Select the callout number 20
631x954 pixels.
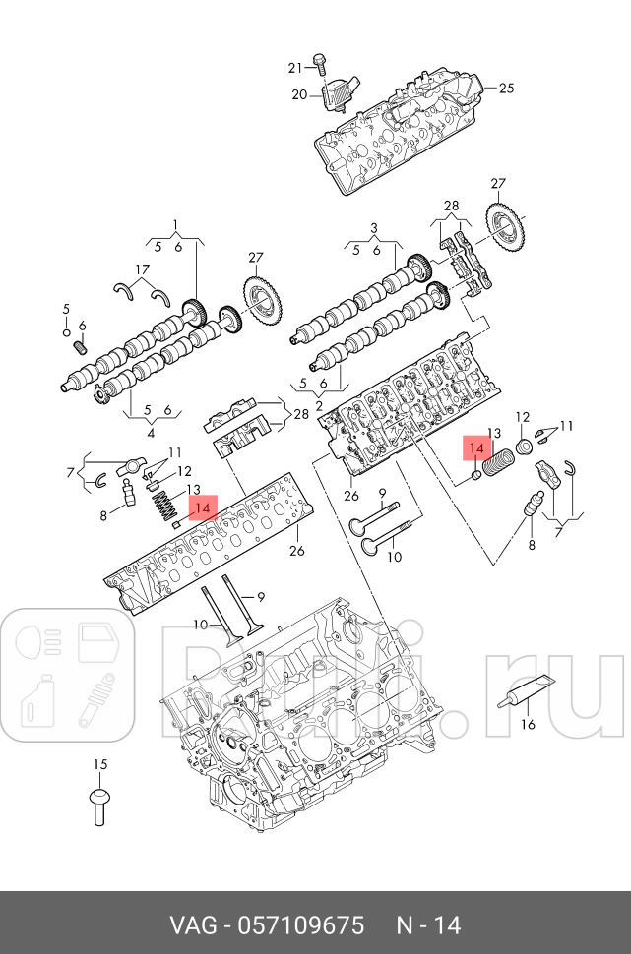[298, 94]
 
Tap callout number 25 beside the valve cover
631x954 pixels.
[506, 88]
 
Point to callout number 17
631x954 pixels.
[142, 269]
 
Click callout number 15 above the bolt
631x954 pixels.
[98, 764]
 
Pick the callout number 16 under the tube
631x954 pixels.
[528, 725]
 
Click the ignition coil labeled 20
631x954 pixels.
[337, 96]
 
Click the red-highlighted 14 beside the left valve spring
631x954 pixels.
[203, 507]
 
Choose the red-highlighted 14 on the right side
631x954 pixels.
[476, 447]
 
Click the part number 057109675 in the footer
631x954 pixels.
[296, 925]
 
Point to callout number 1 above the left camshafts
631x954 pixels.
[176, 224]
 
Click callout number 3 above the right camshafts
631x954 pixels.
[374, 228]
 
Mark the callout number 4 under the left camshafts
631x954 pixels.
[152, 432]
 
